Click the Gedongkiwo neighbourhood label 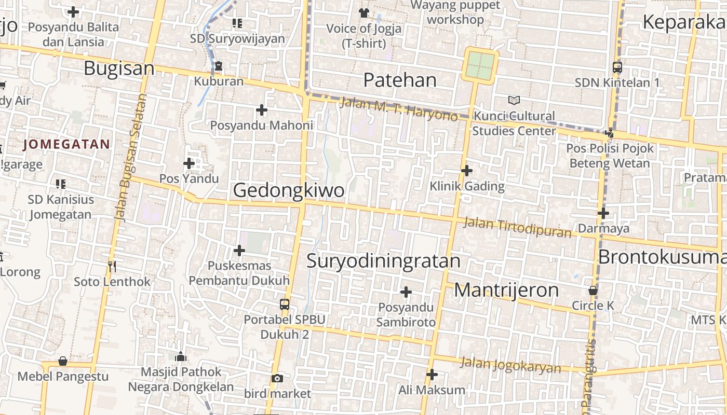[288, 190]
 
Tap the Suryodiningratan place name [383, 260]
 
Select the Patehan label [400, 80]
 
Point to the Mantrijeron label [506, 290]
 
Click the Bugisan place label [119, 68]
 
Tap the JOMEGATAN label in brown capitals [67, 144]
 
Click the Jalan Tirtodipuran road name [517, 227]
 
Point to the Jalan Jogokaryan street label [510, 365]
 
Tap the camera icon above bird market [277, 378]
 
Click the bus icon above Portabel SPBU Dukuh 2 [285, 305]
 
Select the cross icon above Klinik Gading [467, 170]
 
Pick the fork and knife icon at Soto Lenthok [112, 266]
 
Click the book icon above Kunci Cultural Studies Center [514, 100]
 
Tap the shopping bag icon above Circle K [593, 290]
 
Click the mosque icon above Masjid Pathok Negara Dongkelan [181, 356]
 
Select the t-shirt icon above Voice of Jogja [363, 12]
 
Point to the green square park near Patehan [480, 65]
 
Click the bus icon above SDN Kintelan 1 [617, 67]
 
